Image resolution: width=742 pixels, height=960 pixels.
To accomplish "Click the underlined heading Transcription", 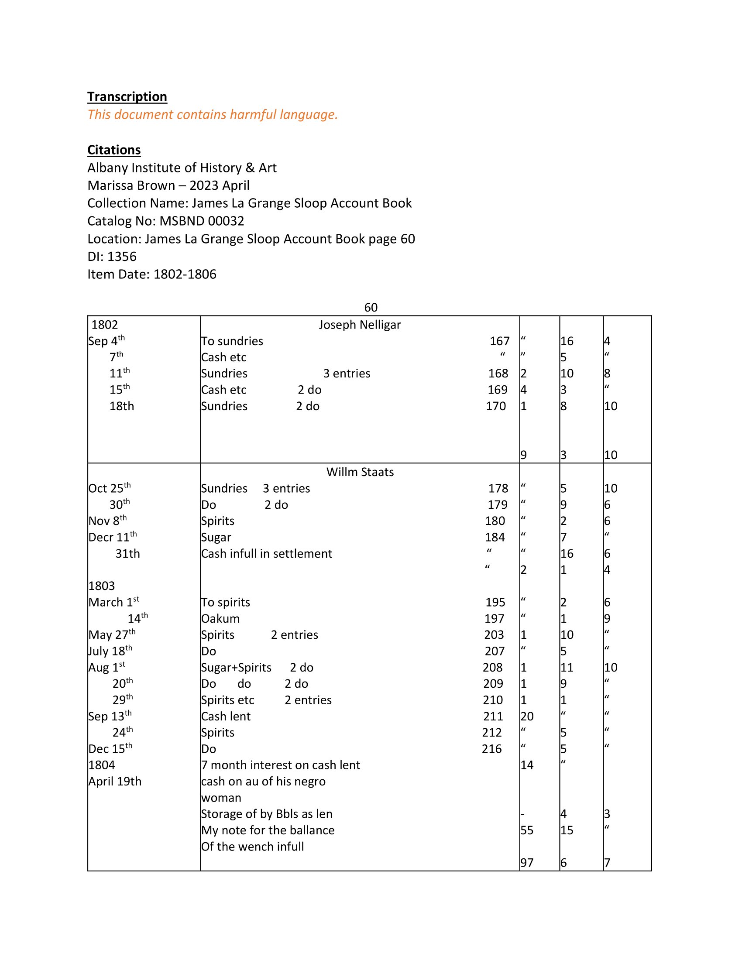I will pyautogui.click(x=127, y=97).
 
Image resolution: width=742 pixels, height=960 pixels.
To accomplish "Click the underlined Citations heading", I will pyautogui.click(x=114, y=150).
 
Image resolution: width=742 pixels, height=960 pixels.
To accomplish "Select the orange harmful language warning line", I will pyautogui.click(x=212, y=115).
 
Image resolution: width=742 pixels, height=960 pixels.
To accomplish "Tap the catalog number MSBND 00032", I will pyautogui.click(x=202, y=221).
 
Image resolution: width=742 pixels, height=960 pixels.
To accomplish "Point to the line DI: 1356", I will pyautogui.click(x=112, y=256).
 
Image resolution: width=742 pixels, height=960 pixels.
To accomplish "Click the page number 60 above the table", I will pyautogui.click(x=371, y=307).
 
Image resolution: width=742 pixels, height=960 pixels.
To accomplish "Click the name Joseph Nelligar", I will pyautogui.click(x=360, y=325).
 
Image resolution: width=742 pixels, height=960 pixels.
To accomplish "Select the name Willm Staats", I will pyautogui.click(x=360, y=472).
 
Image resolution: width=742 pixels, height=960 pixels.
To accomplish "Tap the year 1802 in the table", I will pyautogui.click(x=105, y=325).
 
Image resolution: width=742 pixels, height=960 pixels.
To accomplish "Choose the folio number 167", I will pyautogui.click(x=499, y=341).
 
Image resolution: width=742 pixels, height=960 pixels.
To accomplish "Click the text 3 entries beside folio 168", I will pyautogui.click(x=347, y=374).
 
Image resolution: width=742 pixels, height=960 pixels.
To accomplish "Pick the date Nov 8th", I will pyautogui.click(x=107, y=521).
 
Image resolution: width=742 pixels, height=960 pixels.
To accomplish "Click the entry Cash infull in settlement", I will pyautogui.click(x=266, y=553).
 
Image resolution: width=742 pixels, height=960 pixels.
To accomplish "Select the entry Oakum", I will pyautogui.click(x=220, y=618).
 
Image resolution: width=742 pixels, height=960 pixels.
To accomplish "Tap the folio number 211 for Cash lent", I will pyautogui.click(x=493, y=717).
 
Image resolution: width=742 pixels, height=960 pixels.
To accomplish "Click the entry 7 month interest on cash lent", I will pyautogui.click(x=281, y=765).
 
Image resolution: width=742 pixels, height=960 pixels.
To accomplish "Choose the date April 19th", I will pyautogui.click(x=115, y=782).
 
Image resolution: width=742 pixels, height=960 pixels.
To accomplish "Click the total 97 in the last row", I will pyautogui.click(x=527, y=863).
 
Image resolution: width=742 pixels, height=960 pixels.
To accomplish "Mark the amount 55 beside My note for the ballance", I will pyautogui.click(x=527, y=830).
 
